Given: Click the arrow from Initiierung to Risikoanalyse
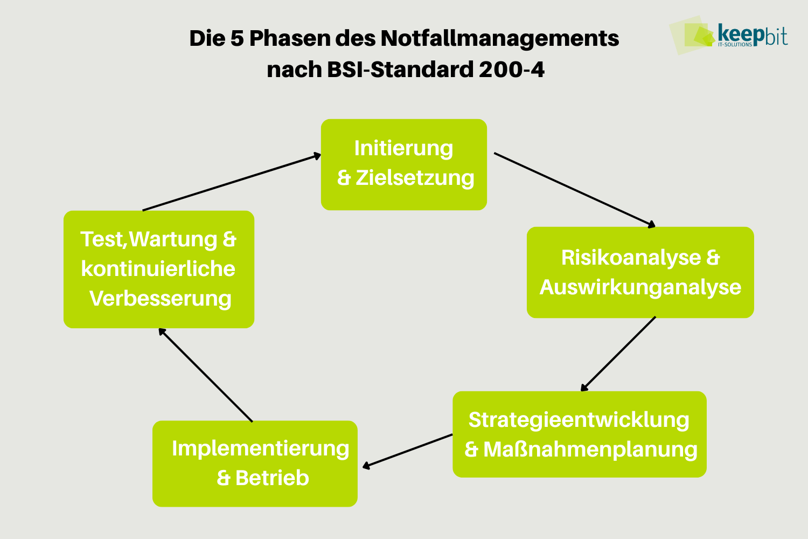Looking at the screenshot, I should pyautogui.click(x=574, y=189).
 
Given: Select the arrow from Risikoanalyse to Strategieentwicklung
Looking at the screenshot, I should pyautogui.click(x=618, y=354).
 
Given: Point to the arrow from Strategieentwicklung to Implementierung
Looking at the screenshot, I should pyautogui.click(x=408, y=451).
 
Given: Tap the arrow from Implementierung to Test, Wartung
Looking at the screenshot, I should pyautogui.click(x=205, y=375).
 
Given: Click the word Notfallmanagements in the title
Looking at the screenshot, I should pyautogui.click(x=499, y=39).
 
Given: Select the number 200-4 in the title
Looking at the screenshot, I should pyautogui.click(x=511, y=70).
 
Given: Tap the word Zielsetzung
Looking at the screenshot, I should pyautogui.click(x=415, y=178).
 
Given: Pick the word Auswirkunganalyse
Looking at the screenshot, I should pyautogui.click(x=640, y=287).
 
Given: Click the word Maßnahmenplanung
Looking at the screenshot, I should pyautogui.click(x=590, y=450).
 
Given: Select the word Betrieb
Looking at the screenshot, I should pyautogui.click(x=272, y=478).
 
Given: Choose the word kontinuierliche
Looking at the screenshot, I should pyautogui.click(x=158, y=269).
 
